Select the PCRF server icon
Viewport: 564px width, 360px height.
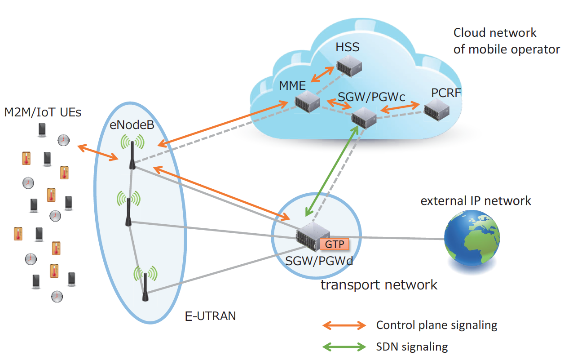click(436, 110)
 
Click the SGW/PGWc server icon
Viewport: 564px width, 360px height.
click(364, 118)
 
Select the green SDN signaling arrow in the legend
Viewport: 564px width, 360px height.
click(344, 347)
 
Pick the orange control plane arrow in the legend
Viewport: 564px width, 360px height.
click(344, 325)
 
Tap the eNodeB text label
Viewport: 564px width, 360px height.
click(132, 125)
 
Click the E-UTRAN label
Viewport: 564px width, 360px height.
click(210, 316)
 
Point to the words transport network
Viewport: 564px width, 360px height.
click(379, 284)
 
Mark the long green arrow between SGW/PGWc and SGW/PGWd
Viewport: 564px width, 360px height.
click(332, 171)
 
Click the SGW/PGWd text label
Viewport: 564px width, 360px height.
click(319, 261)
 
